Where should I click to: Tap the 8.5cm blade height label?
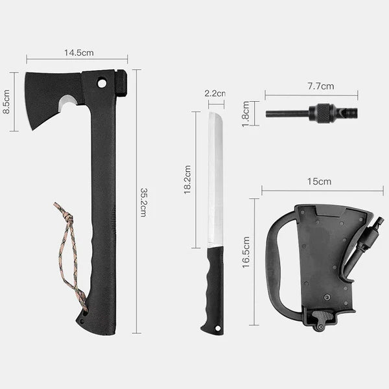click(x=6, y=102)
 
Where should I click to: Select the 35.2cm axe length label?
click(x=144, y=202)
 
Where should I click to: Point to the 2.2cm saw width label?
click(x=215, y=93)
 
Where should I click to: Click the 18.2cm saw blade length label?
click(x=187, y=180)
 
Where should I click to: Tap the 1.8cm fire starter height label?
click(x=246, y=113)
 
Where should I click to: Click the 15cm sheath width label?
click(x=319, y=182)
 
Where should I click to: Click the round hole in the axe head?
click(x=101, y=83)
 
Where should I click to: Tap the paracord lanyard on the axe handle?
click(x=71, y=253)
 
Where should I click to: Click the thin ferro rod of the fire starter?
click(x=285, y=113)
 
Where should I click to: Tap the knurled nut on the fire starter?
click(x=322, y=113)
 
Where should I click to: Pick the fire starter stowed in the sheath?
click(x=366, y=243)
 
